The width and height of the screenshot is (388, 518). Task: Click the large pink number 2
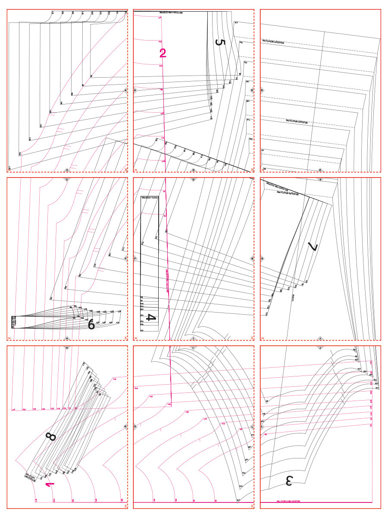163,53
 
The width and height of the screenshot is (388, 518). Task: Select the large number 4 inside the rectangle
150,318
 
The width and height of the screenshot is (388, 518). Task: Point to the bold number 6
91,324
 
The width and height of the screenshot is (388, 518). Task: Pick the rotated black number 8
51,437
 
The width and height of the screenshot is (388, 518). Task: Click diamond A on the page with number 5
135,91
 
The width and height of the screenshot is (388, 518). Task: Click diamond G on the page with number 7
262,259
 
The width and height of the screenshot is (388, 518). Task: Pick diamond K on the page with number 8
125,426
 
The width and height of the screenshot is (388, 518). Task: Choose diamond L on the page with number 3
262,426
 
